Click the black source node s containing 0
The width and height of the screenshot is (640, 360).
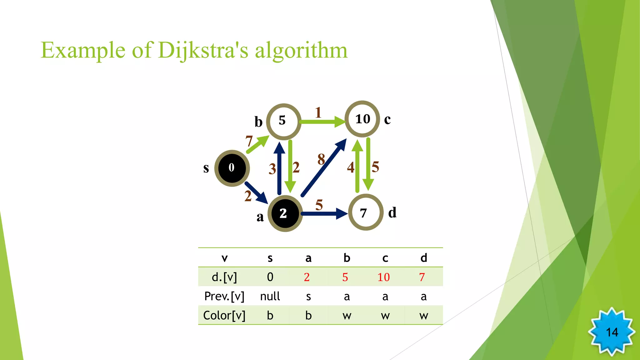click(x=232, y=168)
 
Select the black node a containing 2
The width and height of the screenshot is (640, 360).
click(x=285, y=214)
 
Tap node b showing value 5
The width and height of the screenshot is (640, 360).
click(x=283, y=121)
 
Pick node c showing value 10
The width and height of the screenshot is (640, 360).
click(x=362, y=119)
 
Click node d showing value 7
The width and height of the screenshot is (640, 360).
click(x=365, y=212)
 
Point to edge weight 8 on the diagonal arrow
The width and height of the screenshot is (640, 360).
click(x=321, y=159)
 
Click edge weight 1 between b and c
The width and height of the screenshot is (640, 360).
click(x=318, y=112)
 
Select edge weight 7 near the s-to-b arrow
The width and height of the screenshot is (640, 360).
click(x=249, y=141)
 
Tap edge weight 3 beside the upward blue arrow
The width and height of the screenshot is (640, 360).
click(x=272, y=169)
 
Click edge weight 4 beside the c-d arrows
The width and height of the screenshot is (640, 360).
click(x=351, y=167)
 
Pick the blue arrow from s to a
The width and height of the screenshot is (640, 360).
click(x=256, y=192)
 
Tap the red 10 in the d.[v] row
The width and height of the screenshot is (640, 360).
click(x=383, y=277)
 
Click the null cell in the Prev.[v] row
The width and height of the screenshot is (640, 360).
click(x=270, y=296)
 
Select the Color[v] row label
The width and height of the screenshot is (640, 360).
click(x=224, y=315)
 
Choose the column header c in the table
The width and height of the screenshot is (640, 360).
click(x=385, y=258)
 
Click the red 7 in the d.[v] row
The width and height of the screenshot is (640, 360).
click(x=422, y=277)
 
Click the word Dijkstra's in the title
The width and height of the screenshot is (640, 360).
click(x=203, y=51)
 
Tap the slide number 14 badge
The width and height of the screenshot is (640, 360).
click(x=612, y=332)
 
